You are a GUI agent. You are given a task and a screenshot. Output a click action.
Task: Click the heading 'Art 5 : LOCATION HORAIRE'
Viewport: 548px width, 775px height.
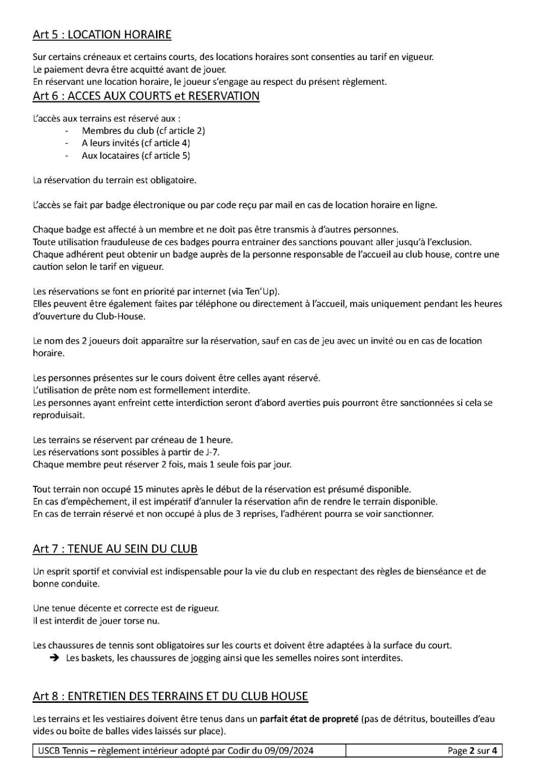pos(102,35)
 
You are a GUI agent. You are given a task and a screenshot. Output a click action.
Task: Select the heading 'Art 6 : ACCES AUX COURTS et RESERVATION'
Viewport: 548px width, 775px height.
pos(146,96)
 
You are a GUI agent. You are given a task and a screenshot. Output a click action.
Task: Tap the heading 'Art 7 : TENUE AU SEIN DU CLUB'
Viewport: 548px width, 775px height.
pos(115,548)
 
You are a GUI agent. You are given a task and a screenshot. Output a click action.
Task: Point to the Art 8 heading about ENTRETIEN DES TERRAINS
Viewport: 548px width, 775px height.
pos(170,696)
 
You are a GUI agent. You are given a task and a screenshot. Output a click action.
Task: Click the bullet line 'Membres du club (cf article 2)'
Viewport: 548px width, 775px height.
pos(143,131)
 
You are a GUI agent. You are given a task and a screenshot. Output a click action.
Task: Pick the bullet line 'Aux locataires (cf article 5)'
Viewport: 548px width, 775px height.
pos(136,155)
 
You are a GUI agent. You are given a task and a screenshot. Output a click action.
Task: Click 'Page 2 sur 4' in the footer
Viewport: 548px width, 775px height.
pos(472,751)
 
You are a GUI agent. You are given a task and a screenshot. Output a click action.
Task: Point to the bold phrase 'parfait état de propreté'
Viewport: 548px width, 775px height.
pos(309,719)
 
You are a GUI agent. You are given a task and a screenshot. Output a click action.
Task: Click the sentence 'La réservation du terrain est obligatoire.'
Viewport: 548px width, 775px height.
pos(114,180)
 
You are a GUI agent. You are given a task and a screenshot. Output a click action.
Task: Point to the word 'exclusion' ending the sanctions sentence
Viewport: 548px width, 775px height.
pos(453,242)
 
